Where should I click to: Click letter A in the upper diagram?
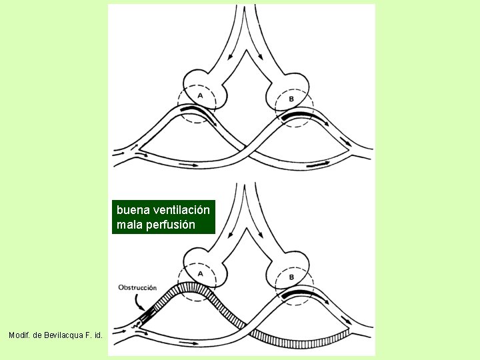click(200, 96)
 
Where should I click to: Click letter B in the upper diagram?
click(291, 99)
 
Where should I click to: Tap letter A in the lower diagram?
click(201, 273)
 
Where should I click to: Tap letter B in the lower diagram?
click(291, 277)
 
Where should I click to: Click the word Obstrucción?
click(137, 288)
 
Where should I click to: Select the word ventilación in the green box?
click(181, 210)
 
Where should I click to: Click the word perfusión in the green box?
click(171, 225)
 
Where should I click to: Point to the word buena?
click(133, 210)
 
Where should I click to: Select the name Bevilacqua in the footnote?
click(63, 335)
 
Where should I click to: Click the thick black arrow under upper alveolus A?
click(199, 115)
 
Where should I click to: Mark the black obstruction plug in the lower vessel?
click(146, 316)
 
